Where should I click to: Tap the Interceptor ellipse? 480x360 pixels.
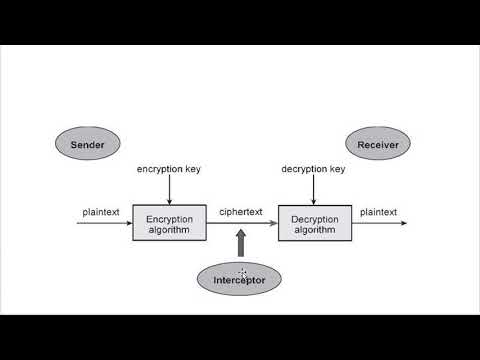(x=239, y=280)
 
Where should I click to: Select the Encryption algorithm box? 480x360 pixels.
(x=169, y=223)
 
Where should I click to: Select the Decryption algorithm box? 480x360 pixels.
(x=314, y=223)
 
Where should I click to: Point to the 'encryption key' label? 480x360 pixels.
(x=169, y=169)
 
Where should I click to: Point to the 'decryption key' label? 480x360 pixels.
(x=314, y=169)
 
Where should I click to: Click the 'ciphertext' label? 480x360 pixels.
(x=241, y=212)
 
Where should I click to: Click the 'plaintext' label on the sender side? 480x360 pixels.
(x=101, y=212)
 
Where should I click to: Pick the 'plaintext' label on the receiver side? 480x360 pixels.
(x=378, y=212)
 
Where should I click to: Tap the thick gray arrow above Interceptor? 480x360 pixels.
(x=240, y=244)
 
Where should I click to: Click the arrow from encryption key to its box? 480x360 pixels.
(x=169, y=189)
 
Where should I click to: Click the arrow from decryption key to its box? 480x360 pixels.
(x=314, y=189)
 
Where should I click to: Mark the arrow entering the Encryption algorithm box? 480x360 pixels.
(x=104, y=223)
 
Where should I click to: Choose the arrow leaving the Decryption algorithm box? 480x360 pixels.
(x=380, y=223)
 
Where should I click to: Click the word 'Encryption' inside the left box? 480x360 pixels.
(x=169, y=218)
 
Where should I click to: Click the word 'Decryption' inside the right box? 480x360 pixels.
(x=314, y=218)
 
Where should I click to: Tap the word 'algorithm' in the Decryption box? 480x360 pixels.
(x=314, y=230)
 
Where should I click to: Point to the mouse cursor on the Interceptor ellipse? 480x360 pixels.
(x=242, y=273)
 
